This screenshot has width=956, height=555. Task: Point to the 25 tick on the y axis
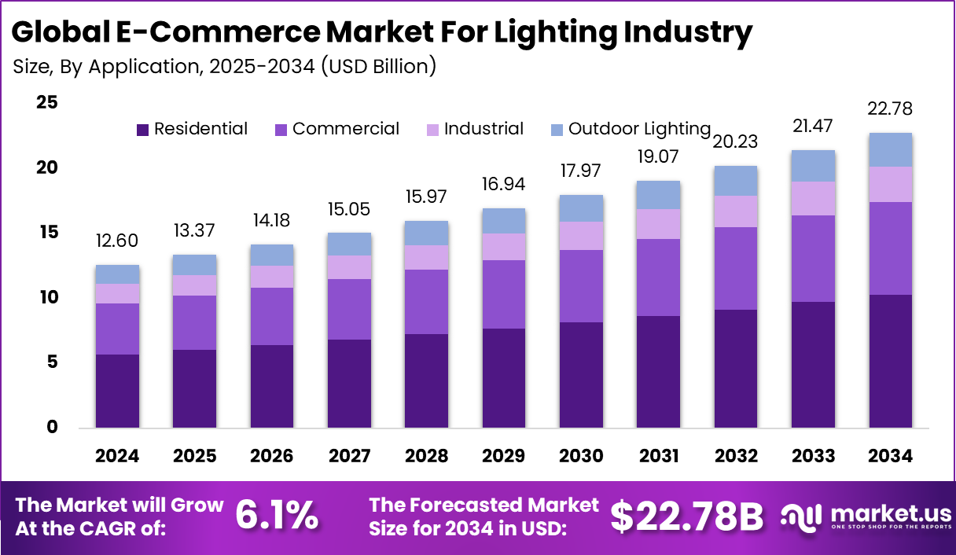coord(47,103)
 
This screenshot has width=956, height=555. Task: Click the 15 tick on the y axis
coord(47,233)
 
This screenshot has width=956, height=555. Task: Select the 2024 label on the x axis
coord(118,456)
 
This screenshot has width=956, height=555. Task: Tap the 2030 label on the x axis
coord(581,456)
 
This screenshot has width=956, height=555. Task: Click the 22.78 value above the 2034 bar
coord(891,108)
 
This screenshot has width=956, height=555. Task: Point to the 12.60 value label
coord(118,240)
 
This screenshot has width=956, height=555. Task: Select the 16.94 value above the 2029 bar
coord(504,184)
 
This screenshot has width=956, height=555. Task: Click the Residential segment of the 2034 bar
coord(891,361)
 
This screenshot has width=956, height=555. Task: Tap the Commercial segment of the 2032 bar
coord(736,268)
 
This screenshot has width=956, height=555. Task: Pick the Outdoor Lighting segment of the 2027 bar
coord(350,244)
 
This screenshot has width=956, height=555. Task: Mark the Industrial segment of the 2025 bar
coord(195,285)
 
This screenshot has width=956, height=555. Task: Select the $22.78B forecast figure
coord(687,516)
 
